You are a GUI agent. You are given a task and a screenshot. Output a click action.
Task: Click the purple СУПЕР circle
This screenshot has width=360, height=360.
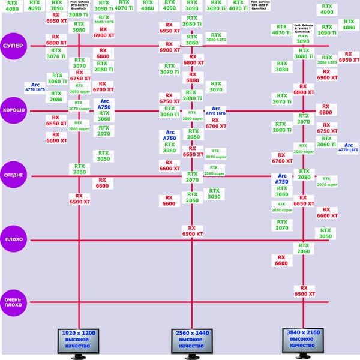14,46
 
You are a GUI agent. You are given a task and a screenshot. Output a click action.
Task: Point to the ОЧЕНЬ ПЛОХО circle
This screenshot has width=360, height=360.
14,302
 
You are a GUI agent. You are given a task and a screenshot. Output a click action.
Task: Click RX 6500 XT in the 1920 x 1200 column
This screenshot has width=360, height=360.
79,199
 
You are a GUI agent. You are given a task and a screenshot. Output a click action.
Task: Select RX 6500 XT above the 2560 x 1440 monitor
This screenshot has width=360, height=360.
191,231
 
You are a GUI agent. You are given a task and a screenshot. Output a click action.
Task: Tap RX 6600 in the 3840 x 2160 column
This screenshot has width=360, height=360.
281,260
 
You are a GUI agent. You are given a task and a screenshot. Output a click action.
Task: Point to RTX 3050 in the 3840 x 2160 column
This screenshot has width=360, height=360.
325,233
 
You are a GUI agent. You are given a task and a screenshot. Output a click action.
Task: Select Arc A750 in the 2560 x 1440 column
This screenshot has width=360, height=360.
170,135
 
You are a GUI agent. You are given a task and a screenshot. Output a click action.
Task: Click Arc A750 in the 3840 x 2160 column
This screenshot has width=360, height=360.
282,178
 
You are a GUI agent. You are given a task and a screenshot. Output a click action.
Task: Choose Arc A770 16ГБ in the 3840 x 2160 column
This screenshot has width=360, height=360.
348,148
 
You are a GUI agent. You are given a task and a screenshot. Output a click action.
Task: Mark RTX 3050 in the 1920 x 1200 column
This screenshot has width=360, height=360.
103,156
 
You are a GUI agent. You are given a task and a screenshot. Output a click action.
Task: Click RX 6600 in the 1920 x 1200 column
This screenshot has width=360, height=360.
103,183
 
